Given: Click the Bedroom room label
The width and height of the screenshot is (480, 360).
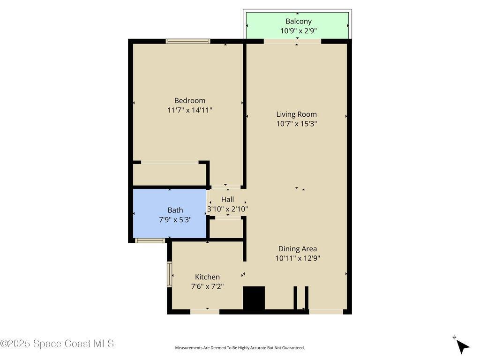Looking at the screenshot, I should coord(189,100).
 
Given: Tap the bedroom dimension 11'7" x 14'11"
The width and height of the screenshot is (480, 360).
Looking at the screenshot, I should coord(189,110).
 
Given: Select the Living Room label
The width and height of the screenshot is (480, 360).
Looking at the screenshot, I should coord(296,114).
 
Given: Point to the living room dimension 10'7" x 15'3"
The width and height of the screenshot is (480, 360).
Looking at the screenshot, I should coord(296,124).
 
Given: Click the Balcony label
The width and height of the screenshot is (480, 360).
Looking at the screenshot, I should coord(298,21).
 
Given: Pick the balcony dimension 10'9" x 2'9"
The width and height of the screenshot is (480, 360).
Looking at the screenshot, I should coord(298,31).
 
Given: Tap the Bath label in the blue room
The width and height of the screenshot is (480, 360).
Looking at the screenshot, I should coord(175,210).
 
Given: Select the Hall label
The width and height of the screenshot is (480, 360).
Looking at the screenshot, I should coord(227,199).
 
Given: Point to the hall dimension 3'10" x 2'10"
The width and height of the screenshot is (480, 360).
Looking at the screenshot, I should coord(227,209).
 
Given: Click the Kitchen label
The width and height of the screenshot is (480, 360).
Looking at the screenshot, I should coord(207,277).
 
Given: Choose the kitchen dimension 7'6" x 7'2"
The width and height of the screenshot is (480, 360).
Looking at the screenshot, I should coord(207,286).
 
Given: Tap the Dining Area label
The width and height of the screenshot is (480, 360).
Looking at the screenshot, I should coord(297,249).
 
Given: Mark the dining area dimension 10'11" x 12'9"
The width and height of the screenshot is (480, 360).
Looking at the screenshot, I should coord(297,258).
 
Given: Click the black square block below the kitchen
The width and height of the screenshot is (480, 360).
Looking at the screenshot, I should coord(254,298).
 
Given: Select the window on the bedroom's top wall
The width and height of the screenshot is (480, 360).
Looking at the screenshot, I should coord(187,41).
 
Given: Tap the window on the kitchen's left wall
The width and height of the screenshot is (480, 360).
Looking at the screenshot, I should coord(169,274).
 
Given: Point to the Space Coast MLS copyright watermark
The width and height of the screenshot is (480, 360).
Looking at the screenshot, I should coord(57,344).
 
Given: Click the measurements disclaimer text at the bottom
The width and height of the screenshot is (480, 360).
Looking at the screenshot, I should coord(240,348).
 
